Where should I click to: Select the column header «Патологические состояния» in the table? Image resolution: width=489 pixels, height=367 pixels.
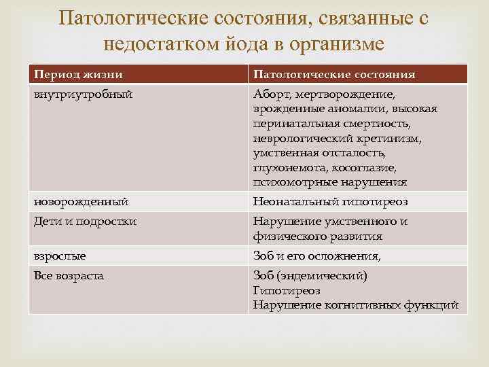(334, 74)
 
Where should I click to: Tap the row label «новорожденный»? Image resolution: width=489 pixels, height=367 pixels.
(81, 202)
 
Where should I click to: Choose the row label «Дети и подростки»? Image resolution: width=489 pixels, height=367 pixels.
(86, 222)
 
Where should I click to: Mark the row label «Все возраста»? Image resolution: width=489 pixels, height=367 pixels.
(69, 276)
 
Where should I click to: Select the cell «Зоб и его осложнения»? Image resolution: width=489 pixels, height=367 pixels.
(316, 256)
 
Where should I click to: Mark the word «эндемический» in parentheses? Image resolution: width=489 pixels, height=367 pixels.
(322, 276)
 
